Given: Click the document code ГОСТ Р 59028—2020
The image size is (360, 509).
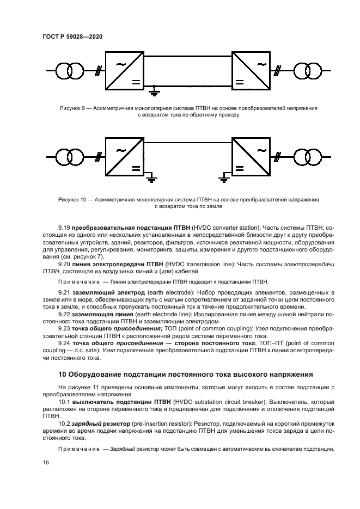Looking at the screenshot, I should pos(72,36).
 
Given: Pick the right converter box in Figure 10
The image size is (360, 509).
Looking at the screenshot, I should pos(252,156).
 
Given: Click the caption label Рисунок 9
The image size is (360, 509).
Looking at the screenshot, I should pos(72,108).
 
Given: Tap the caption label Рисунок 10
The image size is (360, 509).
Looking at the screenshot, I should pos(72,200).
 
